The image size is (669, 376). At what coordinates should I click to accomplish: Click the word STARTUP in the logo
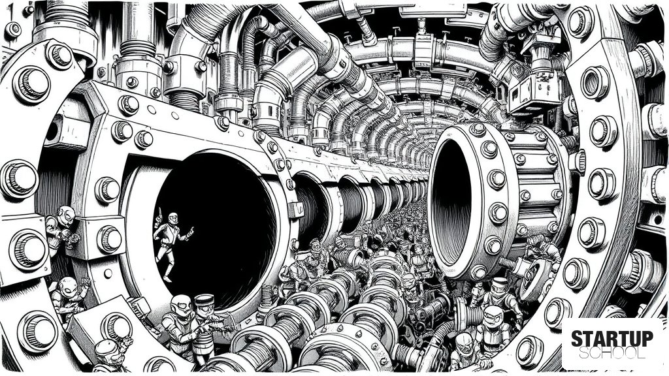(612, 339)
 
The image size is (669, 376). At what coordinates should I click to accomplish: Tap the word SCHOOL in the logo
(612, 353)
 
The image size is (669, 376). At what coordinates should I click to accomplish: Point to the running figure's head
(172, 218)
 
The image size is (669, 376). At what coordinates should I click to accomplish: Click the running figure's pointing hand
(190, 231)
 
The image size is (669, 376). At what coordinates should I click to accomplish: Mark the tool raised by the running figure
(159, 214)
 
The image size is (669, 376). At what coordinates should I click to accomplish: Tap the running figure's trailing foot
(167, 278)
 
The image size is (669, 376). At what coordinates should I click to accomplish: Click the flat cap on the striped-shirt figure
(204, 299)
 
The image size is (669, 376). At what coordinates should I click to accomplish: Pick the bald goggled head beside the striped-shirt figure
(181, 304)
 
